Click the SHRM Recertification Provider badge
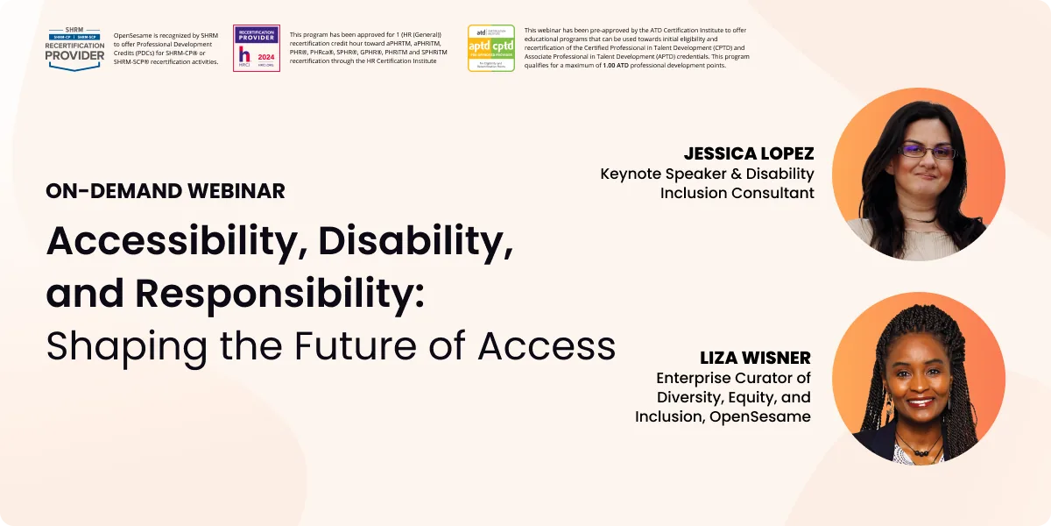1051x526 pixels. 75,48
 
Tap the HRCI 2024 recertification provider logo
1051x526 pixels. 256,48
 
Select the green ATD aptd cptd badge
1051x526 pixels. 490,48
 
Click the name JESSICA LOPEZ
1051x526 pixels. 749,153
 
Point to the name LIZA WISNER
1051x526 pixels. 755,358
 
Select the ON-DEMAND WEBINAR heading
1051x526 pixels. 166,190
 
